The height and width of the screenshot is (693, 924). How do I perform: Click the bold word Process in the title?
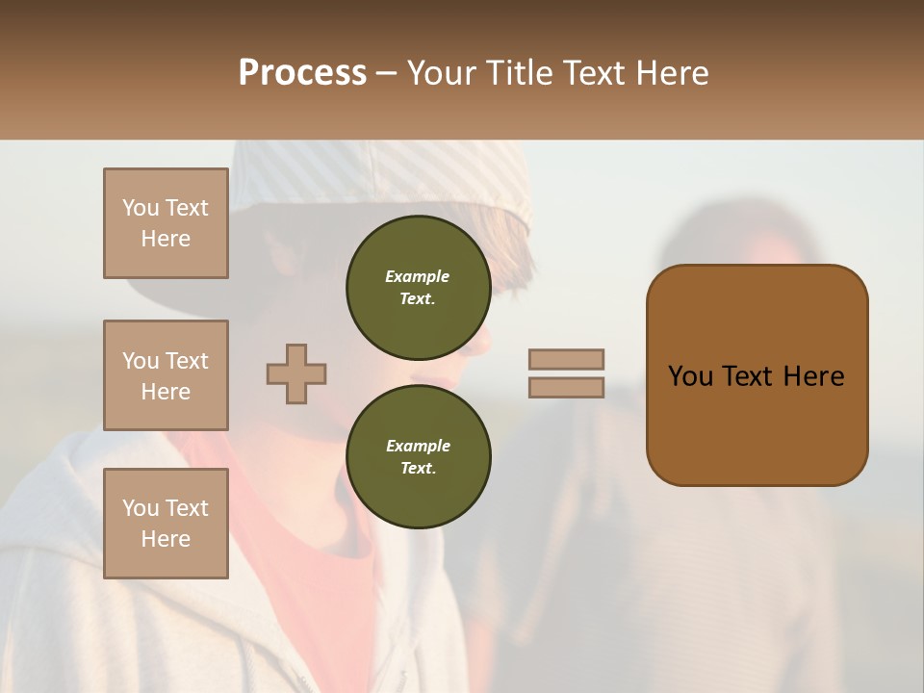302,73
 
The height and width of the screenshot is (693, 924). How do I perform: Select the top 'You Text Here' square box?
166,223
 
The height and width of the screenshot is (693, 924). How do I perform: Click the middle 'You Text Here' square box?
166,375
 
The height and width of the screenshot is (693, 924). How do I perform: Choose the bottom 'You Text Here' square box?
166,524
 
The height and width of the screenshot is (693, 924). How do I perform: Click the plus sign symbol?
296,373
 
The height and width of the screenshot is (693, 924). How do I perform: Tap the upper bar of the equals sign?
567,359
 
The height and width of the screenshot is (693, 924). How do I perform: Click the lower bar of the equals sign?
567,387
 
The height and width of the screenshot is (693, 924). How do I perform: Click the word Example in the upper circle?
418,276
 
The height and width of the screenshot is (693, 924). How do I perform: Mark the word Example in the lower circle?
418,446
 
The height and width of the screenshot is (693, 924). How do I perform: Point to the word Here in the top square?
166,239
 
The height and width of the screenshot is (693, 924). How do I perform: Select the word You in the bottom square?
140,508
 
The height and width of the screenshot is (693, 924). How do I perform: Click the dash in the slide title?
386,73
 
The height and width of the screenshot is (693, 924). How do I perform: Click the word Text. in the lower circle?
418,468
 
